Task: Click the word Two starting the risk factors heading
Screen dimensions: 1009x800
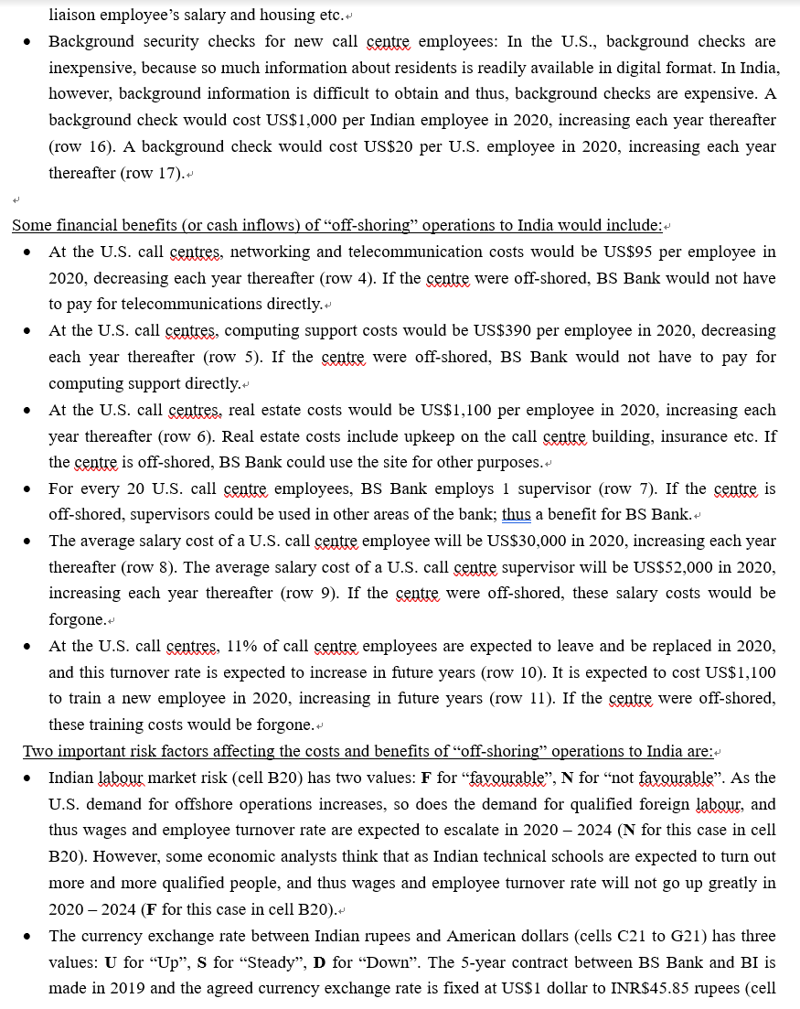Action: (38, 751)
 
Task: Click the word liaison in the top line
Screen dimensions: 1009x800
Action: (74, 15)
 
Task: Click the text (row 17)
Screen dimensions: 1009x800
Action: (149, 173)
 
